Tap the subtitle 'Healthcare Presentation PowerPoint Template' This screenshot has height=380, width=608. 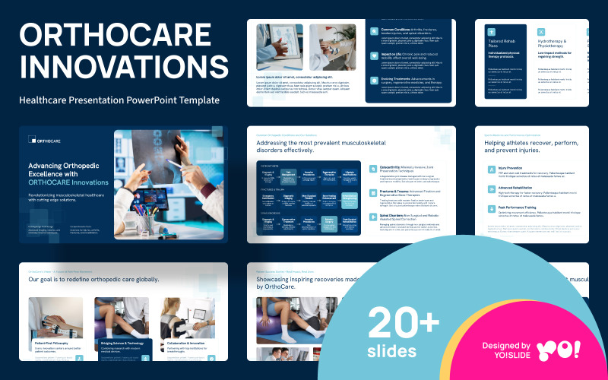pyautogui.click(x=119, y=100)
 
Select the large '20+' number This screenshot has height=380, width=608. pyautogui.click(x=404, y=322)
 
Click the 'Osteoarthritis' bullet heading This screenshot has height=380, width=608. pyautogui.click(x=396, y=167)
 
